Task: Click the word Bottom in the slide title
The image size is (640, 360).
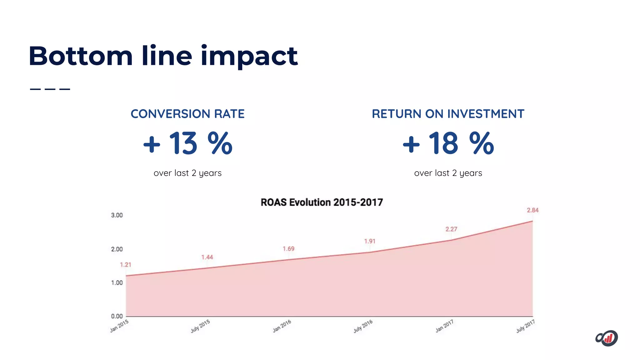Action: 81,56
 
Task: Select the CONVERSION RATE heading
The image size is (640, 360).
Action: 187,114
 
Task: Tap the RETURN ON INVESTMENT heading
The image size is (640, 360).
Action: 448,114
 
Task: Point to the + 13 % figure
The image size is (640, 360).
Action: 187,143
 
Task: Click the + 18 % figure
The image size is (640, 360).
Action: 448,143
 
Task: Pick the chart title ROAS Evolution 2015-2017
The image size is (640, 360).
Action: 322,202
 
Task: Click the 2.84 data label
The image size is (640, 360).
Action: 532,210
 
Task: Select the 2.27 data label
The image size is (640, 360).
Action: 451,229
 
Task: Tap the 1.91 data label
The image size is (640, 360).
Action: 370,241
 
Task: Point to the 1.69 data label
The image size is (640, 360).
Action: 288,249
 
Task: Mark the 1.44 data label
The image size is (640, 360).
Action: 207,257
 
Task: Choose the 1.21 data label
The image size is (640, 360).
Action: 126,265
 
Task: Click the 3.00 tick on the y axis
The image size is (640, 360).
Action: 117,215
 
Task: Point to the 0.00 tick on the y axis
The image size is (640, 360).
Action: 117,316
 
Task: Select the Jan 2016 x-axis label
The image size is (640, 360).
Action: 282,326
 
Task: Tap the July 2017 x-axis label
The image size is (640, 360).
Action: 525,326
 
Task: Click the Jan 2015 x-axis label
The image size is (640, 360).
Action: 119,326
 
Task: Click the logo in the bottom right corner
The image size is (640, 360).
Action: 607,338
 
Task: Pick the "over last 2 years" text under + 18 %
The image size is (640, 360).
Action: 448,173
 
